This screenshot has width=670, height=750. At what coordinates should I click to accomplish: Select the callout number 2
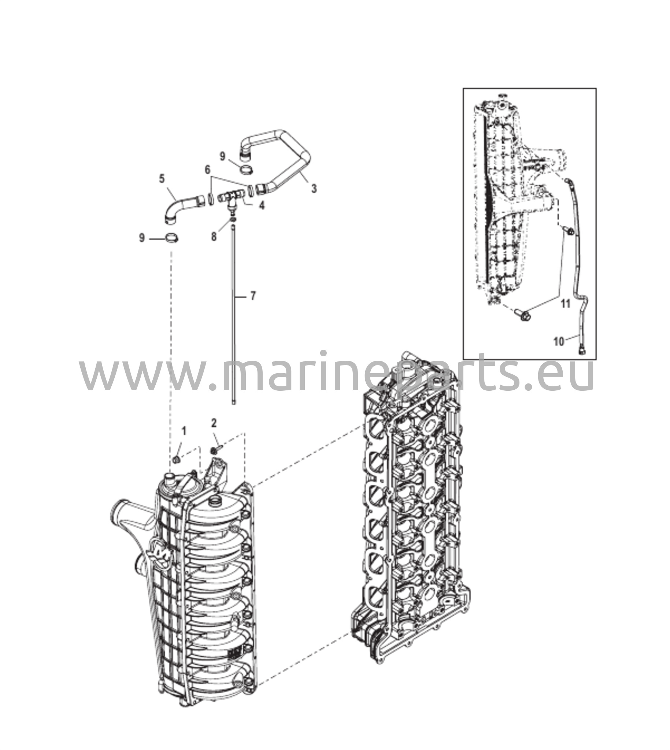pyautogui.click(x=214, y=423)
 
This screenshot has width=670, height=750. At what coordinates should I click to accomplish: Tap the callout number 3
pyautogui.click(x=314, y=189)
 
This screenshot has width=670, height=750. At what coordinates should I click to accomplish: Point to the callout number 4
pyautogui.click(x=262, y=205)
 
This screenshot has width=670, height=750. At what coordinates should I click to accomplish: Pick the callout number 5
pyautogui.click(x=162, y=179)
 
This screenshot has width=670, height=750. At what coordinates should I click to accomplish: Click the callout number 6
pyautogui.click(x=208, y=170)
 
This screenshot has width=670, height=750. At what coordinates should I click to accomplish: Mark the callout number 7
pyautogui.click(x=252, y=296)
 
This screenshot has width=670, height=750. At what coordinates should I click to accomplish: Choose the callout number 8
pyautogui.click(x=214, y=237)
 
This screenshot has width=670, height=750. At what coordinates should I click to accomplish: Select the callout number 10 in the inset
pyautogui.click(x=559, y=342)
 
